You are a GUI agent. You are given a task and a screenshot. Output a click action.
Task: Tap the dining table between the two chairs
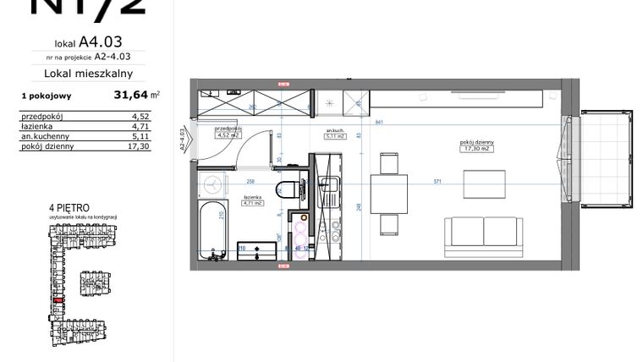(x=389, y=195)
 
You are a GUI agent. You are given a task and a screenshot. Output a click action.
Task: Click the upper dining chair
(x=389, y=162)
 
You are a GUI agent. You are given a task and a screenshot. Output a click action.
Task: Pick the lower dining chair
(x=389, y=224)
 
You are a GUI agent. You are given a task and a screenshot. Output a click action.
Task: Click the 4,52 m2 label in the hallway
(x=229, y=133)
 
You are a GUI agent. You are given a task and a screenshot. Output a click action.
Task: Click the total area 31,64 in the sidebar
(x=130, y=96)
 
